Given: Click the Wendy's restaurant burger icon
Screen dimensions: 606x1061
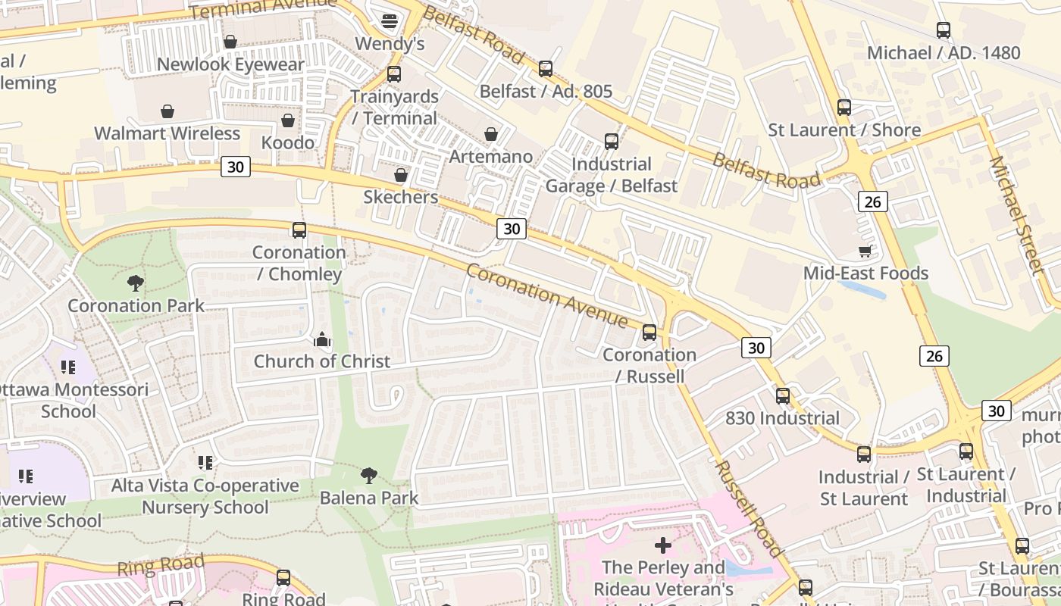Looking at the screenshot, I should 390,20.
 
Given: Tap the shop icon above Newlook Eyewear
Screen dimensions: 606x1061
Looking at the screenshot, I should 230,41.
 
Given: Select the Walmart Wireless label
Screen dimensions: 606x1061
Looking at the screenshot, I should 167,133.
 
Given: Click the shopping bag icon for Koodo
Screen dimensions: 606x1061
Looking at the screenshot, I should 288,120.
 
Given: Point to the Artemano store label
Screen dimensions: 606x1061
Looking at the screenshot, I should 490,157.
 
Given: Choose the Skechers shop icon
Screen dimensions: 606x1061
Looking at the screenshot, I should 401,176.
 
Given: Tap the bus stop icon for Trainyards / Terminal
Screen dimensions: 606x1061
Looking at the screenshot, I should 393,74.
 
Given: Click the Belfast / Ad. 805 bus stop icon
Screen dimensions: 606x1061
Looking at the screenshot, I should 546,69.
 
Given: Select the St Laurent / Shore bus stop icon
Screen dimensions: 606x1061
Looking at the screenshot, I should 844,108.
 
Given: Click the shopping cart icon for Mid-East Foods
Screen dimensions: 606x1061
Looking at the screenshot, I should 865,251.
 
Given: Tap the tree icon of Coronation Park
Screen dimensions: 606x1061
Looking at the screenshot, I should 136,283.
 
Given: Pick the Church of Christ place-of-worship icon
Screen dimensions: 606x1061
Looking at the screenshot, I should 322,339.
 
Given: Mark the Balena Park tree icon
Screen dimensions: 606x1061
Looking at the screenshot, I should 369,476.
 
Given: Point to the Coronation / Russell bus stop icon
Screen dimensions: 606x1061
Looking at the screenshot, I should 649,333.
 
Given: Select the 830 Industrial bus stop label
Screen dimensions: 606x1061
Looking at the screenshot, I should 782,418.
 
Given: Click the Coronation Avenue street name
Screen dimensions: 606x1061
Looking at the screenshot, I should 546,295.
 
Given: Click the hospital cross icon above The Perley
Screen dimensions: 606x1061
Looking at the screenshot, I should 663,545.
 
